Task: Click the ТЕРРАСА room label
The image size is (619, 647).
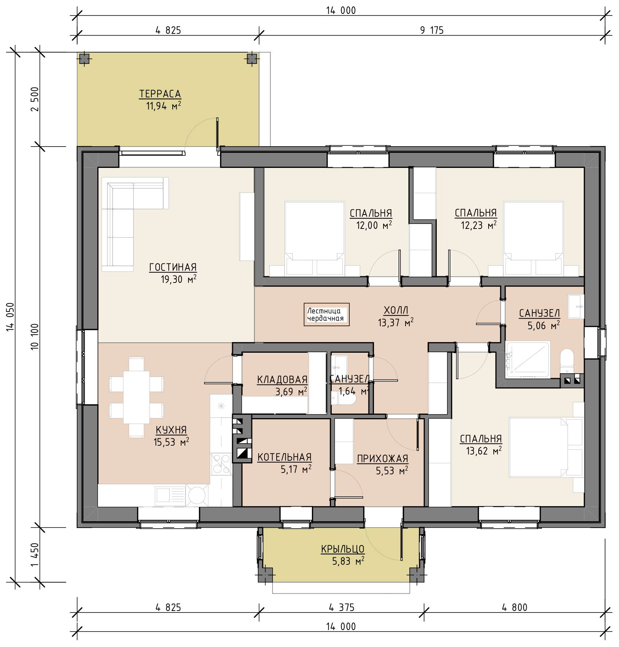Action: pos(160,94)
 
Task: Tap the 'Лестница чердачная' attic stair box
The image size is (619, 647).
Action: pos(326,314)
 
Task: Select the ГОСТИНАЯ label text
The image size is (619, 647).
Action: pos(173,267)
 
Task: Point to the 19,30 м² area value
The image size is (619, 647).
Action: pos(179,279)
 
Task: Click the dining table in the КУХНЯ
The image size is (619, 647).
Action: pos(136,397)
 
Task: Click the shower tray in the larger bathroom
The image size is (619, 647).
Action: pos(528,360)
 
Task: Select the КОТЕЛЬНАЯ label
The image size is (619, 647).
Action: pos(284,457)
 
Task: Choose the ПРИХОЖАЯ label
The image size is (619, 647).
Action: pos(383,459)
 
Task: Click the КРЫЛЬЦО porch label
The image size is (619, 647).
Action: pos(342,549)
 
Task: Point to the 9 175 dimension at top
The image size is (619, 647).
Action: pos(432,30)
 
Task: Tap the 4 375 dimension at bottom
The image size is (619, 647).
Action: pos(342,608)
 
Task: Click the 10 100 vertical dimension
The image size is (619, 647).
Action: pos(35,337)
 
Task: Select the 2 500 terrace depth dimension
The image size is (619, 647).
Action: pos(35,99)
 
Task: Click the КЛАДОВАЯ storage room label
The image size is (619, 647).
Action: pos(282,380)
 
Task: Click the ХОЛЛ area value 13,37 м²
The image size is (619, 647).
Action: pos(396,323)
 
